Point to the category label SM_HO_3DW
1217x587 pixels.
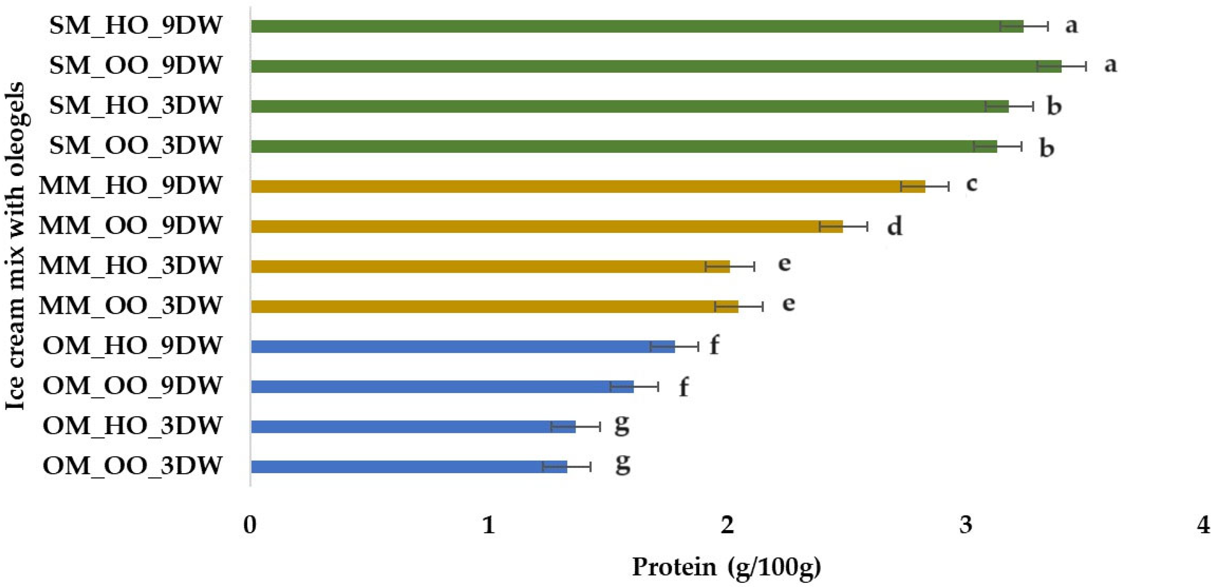135,105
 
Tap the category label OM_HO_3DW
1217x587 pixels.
132,426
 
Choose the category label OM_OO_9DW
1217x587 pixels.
132,386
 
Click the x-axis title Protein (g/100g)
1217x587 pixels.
726,567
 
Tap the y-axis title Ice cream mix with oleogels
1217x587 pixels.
15,246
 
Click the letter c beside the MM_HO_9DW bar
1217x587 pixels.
971,183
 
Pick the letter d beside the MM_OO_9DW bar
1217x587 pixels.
894,226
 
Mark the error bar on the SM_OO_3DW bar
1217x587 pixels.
997,146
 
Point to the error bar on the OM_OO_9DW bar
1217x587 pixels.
634,387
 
